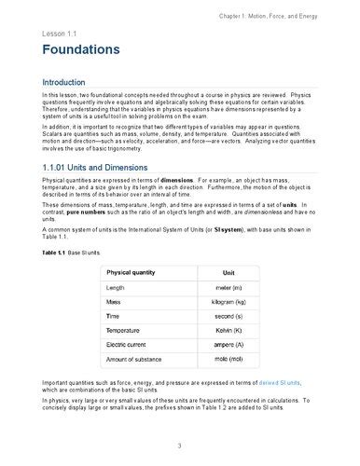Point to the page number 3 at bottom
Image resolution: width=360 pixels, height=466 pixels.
click(x=180, y=445)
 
